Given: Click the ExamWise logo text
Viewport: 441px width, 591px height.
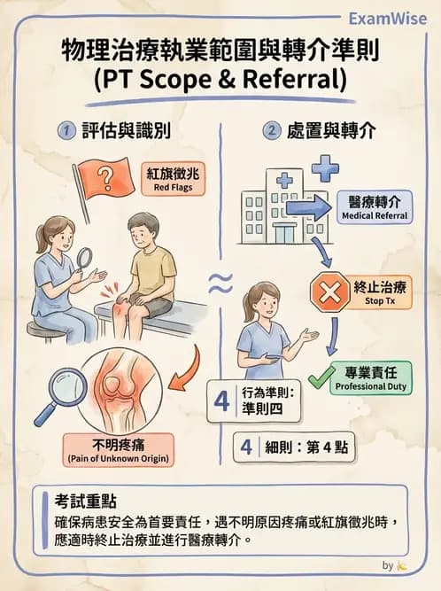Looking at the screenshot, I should point(387,19).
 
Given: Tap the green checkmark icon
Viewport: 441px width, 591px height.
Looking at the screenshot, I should point(323,375).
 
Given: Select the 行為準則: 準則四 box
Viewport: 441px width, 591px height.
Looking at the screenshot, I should point(259,400).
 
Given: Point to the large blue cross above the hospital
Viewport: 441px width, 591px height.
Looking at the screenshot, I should point(324,168).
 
